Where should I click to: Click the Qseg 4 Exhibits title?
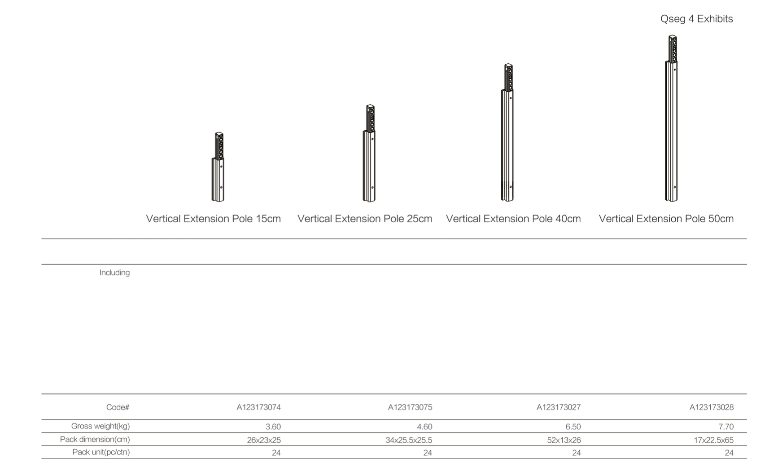pyautogui.click(x=696, y=19)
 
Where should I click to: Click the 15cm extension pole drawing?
pyautogui.click(x=218, y=167)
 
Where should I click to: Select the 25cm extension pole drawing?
pyautogui.click(x=369, y=153)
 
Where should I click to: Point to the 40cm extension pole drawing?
pyautogui.click(x=507, y=132)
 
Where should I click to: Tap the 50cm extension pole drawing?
pyautogui.click(x=672, y=119)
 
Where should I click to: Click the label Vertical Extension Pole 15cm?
pyautogui.click(x=213, y=219)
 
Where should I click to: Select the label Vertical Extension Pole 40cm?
pyautogui.click(x=513, y=219)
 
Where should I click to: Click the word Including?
pyautogui.click(x=114, y=273)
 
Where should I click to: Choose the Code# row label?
pyautogui.click(x=118, y=407)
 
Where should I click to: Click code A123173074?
pyautogui.click(x=259, y=407)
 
